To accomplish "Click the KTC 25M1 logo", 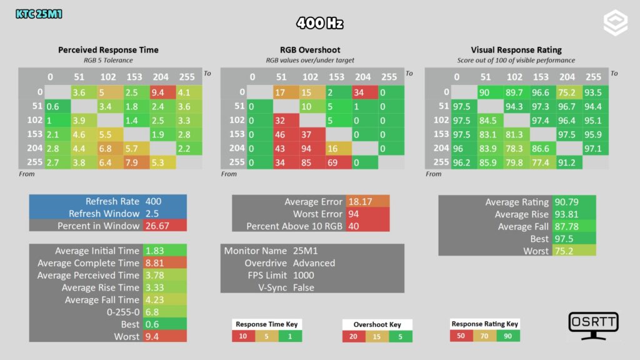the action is click(39, 14).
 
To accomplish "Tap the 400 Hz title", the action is click(319, 23).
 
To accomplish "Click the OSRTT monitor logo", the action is click(594, 326).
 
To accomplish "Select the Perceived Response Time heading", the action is click(108, 50).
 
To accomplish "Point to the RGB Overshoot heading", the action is click(310, 50).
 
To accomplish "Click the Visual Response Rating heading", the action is click(516, 50).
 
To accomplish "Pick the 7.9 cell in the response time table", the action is click(136, 162).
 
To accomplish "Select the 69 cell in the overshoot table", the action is click(339, 162).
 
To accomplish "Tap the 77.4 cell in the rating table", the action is click(543, 162).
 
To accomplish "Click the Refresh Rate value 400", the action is click(154, 201).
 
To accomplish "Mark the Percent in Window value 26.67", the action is click(157, 226).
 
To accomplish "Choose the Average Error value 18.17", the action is click(360, 202).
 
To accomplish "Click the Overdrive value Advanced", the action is click(314, 263).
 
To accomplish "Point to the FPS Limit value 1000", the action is click(304, 276).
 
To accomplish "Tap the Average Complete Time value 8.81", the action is click(155, 263).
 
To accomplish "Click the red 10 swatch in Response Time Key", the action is click(244, 336).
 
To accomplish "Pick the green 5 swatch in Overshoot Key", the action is click(401, 337).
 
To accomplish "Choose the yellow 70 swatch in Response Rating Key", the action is click(484, 336).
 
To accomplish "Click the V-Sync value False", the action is click(304, 287).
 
